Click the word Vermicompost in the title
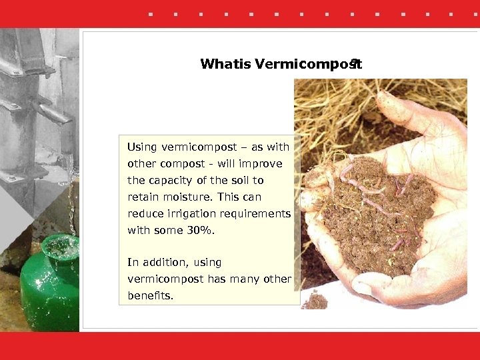tap(307, 64)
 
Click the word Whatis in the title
tap(225, 64)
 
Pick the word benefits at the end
tap(150, 295)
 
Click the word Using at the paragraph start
tap(141, 147)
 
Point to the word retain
tap(142, 197)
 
